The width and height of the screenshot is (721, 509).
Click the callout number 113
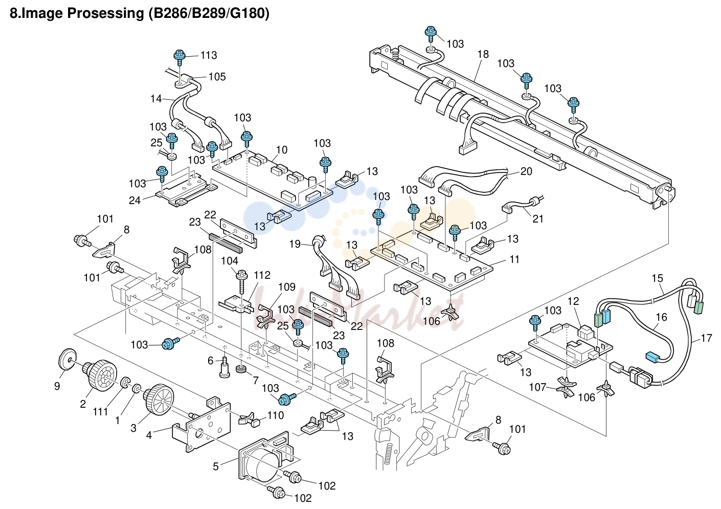pyautogui.click(x=209, y=55)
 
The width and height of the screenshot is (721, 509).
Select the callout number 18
pyautogui.click(x=483, y=54)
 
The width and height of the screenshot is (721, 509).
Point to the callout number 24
pyautogui.click(x=134, y=201)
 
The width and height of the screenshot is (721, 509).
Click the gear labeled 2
pyautogui.click(x=98, y=375)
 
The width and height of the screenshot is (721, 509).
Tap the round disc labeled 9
pyautogui.click(x=68, y=359)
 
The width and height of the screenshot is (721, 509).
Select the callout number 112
pyautogui.click(x=262, y=275)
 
